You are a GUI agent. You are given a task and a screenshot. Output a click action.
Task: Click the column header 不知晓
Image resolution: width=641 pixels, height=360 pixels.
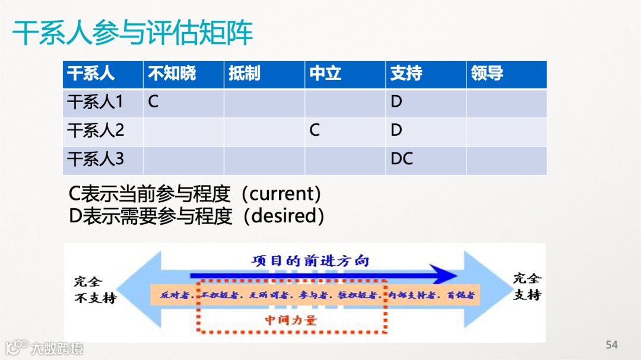(172, 74)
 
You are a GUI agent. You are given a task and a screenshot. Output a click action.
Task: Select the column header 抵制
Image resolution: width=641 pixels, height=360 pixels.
(244, 74)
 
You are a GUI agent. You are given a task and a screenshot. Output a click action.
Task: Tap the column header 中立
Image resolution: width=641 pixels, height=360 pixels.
(325, 74)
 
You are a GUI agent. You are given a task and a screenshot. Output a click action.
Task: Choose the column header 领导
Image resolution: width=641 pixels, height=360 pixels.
(487, 74)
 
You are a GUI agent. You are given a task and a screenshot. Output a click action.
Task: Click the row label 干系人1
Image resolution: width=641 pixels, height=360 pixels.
(95, 102)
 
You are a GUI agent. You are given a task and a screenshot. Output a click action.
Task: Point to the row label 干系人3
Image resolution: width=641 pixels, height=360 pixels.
(95, 160)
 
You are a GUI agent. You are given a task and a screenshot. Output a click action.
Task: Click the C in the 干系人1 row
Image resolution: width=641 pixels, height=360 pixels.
(153, 102)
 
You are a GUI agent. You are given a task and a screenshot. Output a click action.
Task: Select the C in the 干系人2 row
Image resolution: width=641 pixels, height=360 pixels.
(315, 130)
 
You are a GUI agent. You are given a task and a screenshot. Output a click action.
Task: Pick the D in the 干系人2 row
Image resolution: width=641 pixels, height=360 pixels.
(396, 130)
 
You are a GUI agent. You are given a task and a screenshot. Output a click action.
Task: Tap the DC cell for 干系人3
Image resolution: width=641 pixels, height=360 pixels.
(402, 159)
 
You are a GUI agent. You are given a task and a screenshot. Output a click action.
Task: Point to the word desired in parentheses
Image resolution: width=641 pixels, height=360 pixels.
(287, 216)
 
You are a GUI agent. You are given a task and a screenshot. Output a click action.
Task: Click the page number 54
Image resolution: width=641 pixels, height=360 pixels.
(611, 345)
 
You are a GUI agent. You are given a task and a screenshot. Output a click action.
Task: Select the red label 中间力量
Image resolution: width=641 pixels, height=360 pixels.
(291, 321)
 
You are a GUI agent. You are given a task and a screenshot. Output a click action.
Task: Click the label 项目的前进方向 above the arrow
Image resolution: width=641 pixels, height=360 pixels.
(310, 261)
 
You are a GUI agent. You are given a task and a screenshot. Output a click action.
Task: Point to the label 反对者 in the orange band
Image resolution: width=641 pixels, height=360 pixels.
(174, 295)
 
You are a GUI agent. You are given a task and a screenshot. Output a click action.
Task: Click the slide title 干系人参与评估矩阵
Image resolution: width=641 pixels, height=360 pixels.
(133, 33)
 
